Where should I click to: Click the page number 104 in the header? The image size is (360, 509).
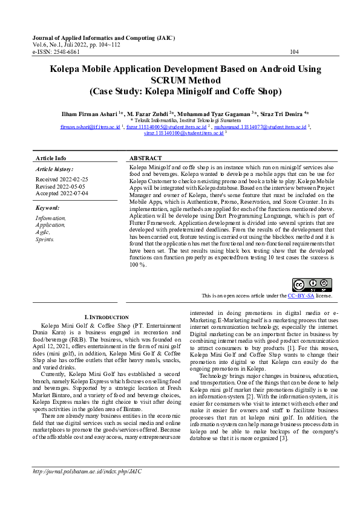(294, 52)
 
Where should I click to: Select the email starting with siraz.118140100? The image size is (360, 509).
(179, 134)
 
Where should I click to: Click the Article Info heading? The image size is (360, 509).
(51, 158)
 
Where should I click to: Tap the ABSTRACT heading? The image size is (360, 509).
(145, 158)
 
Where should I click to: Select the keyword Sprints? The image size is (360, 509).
(45, 239)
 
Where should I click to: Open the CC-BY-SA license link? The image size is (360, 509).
(301, 296)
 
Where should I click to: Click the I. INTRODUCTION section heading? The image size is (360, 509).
(106, 317)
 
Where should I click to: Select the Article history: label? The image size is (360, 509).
(55, 169)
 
